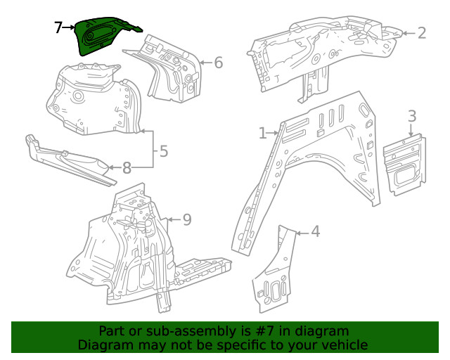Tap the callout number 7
pos(59,28)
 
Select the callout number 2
pos(422,32)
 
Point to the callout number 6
pos(218,63)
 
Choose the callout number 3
pos(412,116)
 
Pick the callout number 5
pos(163,150)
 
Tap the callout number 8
pos(127,167)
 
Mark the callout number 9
pos(186,220)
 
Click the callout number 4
pos(316,231)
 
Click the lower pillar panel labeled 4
pos(274,274)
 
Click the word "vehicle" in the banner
pos(344,345)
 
